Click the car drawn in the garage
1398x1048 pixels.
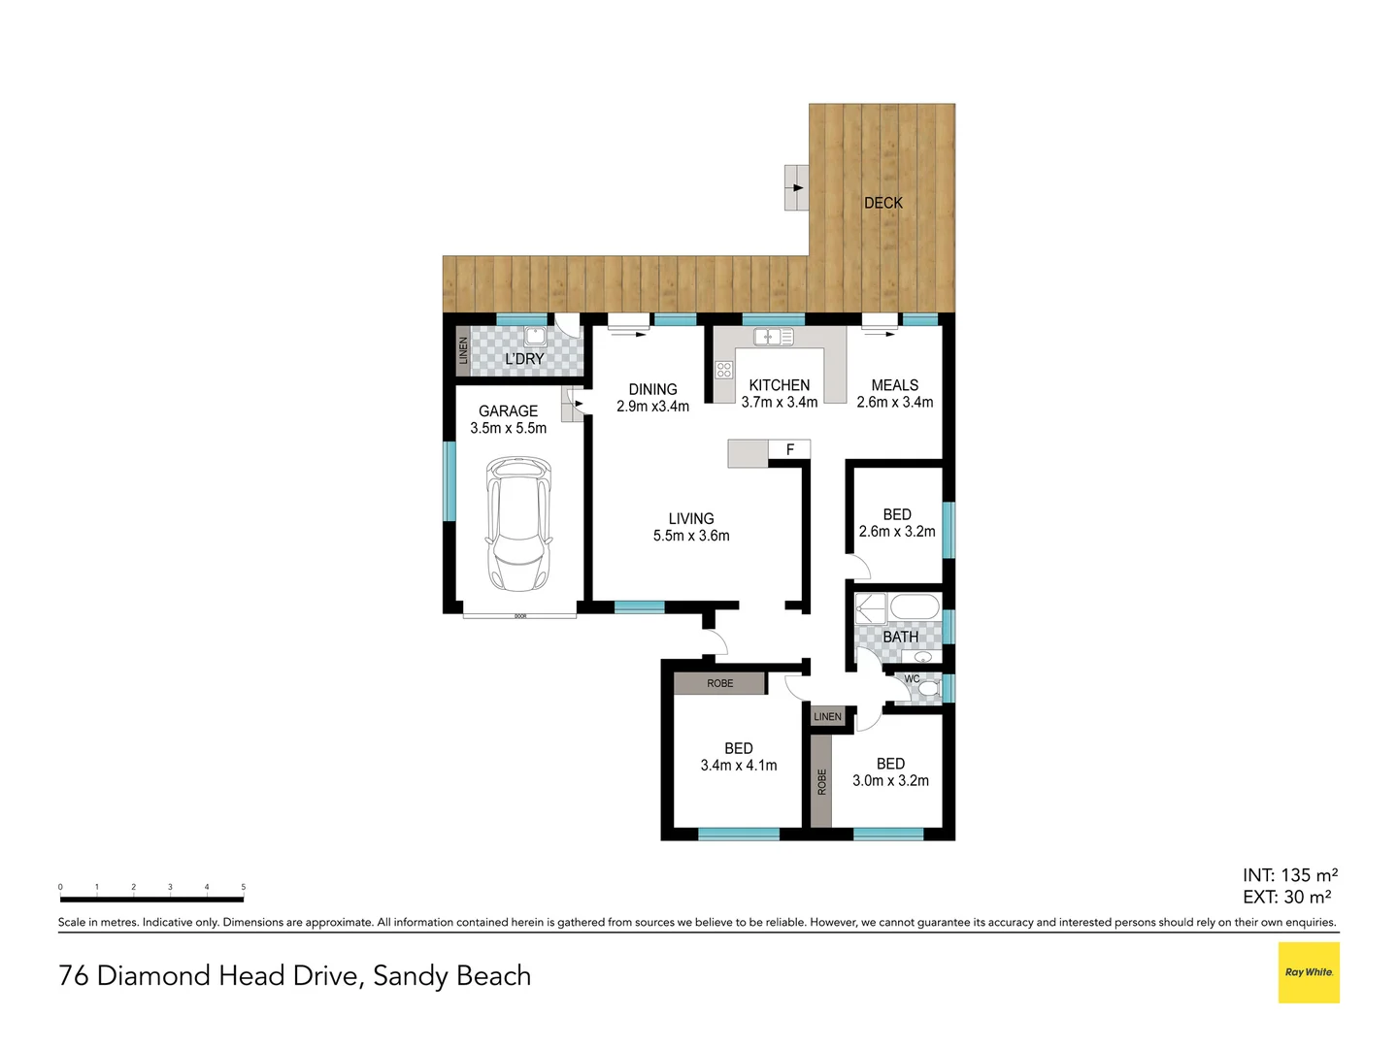[518, 525]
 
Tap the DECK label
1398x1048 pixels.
[882, 203]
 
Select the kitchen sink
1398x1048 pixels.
[774, 337]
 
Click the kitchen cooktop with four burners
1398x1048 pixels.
[723, 370]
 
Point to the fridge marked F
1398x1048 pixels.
[789, 449]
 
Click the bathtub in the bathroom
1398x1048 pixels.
[915, 608]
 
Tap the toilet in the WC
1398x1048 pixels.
[929, 688]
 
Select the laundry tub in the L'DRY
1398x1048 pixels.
[535, 337]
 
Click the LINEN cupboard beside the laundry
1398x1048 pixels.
[463, 351]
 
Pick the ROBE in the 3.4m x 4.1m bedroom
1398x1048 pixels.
[719, 683]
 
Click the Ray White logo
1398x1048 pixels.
[1308, 972]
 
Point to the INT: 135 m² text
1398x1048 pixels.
[1289, 875]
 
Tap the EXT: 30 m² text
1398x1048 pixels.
[1286, 898]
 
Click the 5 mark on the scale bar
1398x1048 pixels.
[243, 887]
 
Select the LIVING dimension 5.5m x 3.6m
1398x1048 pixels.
[691, 536]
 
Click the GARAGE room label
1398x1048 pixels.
[508, 410]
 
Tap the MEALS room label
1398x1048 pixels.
[894, 385]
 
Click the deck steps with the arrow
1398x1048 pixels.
[796, 187]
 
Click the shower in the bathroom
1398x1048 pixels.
[870, 608]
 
